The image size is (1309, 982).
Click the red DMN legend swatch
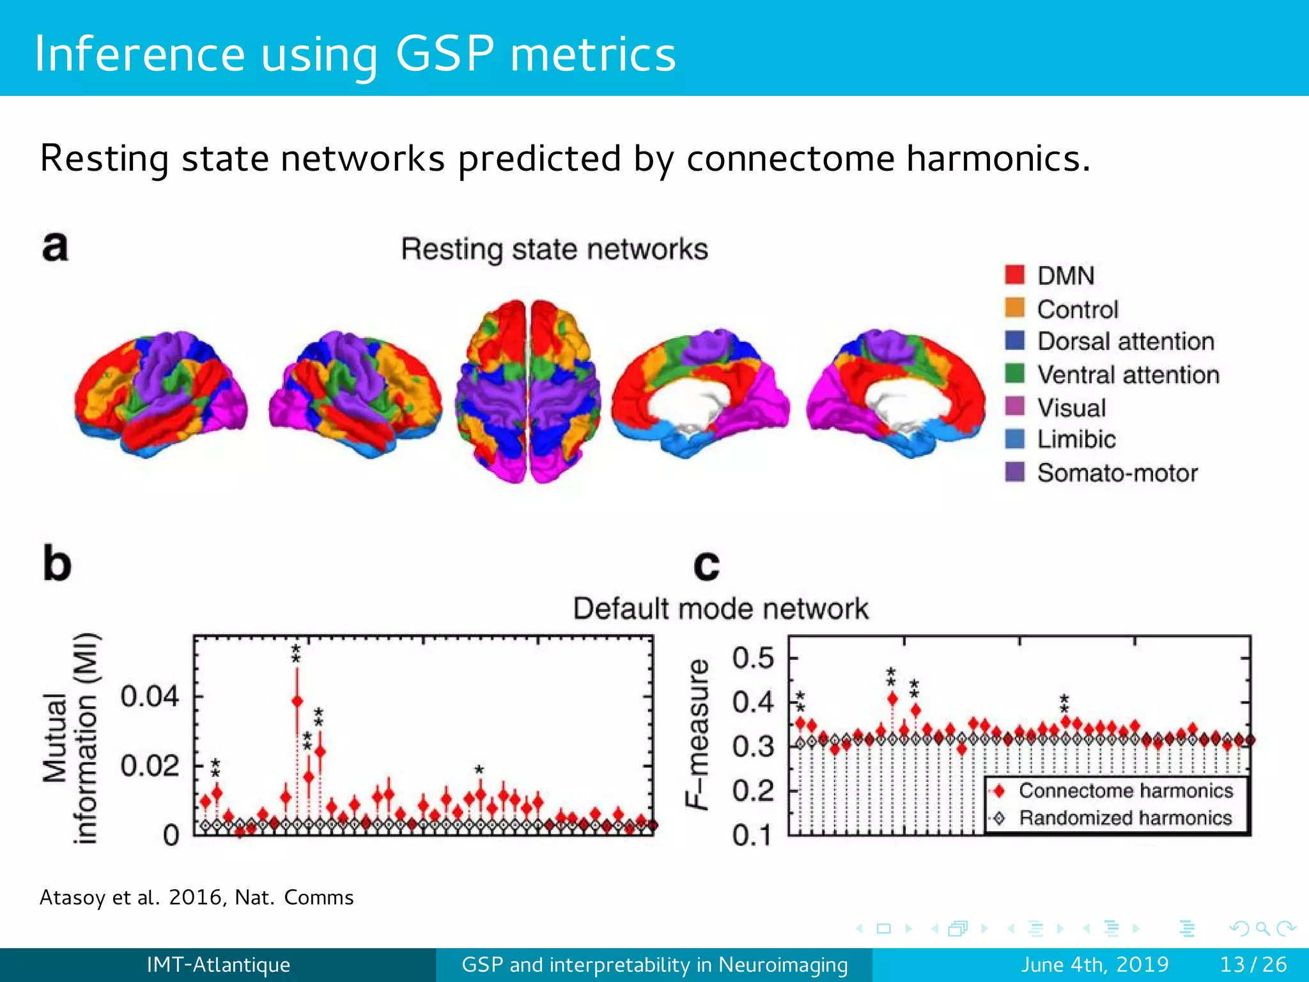[x=1014, y=275]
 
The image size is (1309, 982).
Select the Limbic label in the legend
[x=1076, y=439]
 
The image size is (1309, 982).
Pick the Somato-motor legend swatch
[x=1014, y=472]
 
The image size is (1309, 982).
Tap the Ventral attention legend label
[x=1128, y=375]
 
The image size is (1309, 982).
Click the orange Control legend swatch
[x=1014, y=308]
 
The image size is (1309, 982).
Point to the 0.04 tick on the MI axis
[x=150, y=696]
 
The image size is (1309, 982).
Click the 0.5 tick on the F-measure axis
[x=753, y=658]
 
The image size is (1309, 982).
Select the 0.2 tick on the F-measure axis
[x=753, y=791]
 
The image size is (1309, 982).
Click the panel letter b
[x=57, y=563]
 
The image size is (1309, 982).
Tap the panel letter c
[x=706, y=565]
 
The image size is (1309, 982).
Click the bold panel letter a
[x=55, y=246]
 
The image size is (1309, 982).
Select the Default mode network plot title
[x=720, y=608]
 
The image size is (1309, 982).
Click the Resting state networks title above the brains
[x=554, y=249]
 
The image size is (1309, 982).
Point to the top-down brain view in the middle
[x=528, y=391]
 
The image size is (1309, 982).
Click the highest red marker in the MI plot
[x=297, y=701]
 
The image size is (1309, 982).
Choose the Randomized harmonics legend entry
[x=1125, y=818]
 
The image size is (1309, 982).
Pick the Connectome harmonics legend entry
[x=1125, y=791]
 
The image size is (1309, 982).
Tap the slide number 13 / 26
[x=1253, y=964]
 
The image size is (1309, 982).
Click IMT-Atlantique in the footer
[x=218, y=964]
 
